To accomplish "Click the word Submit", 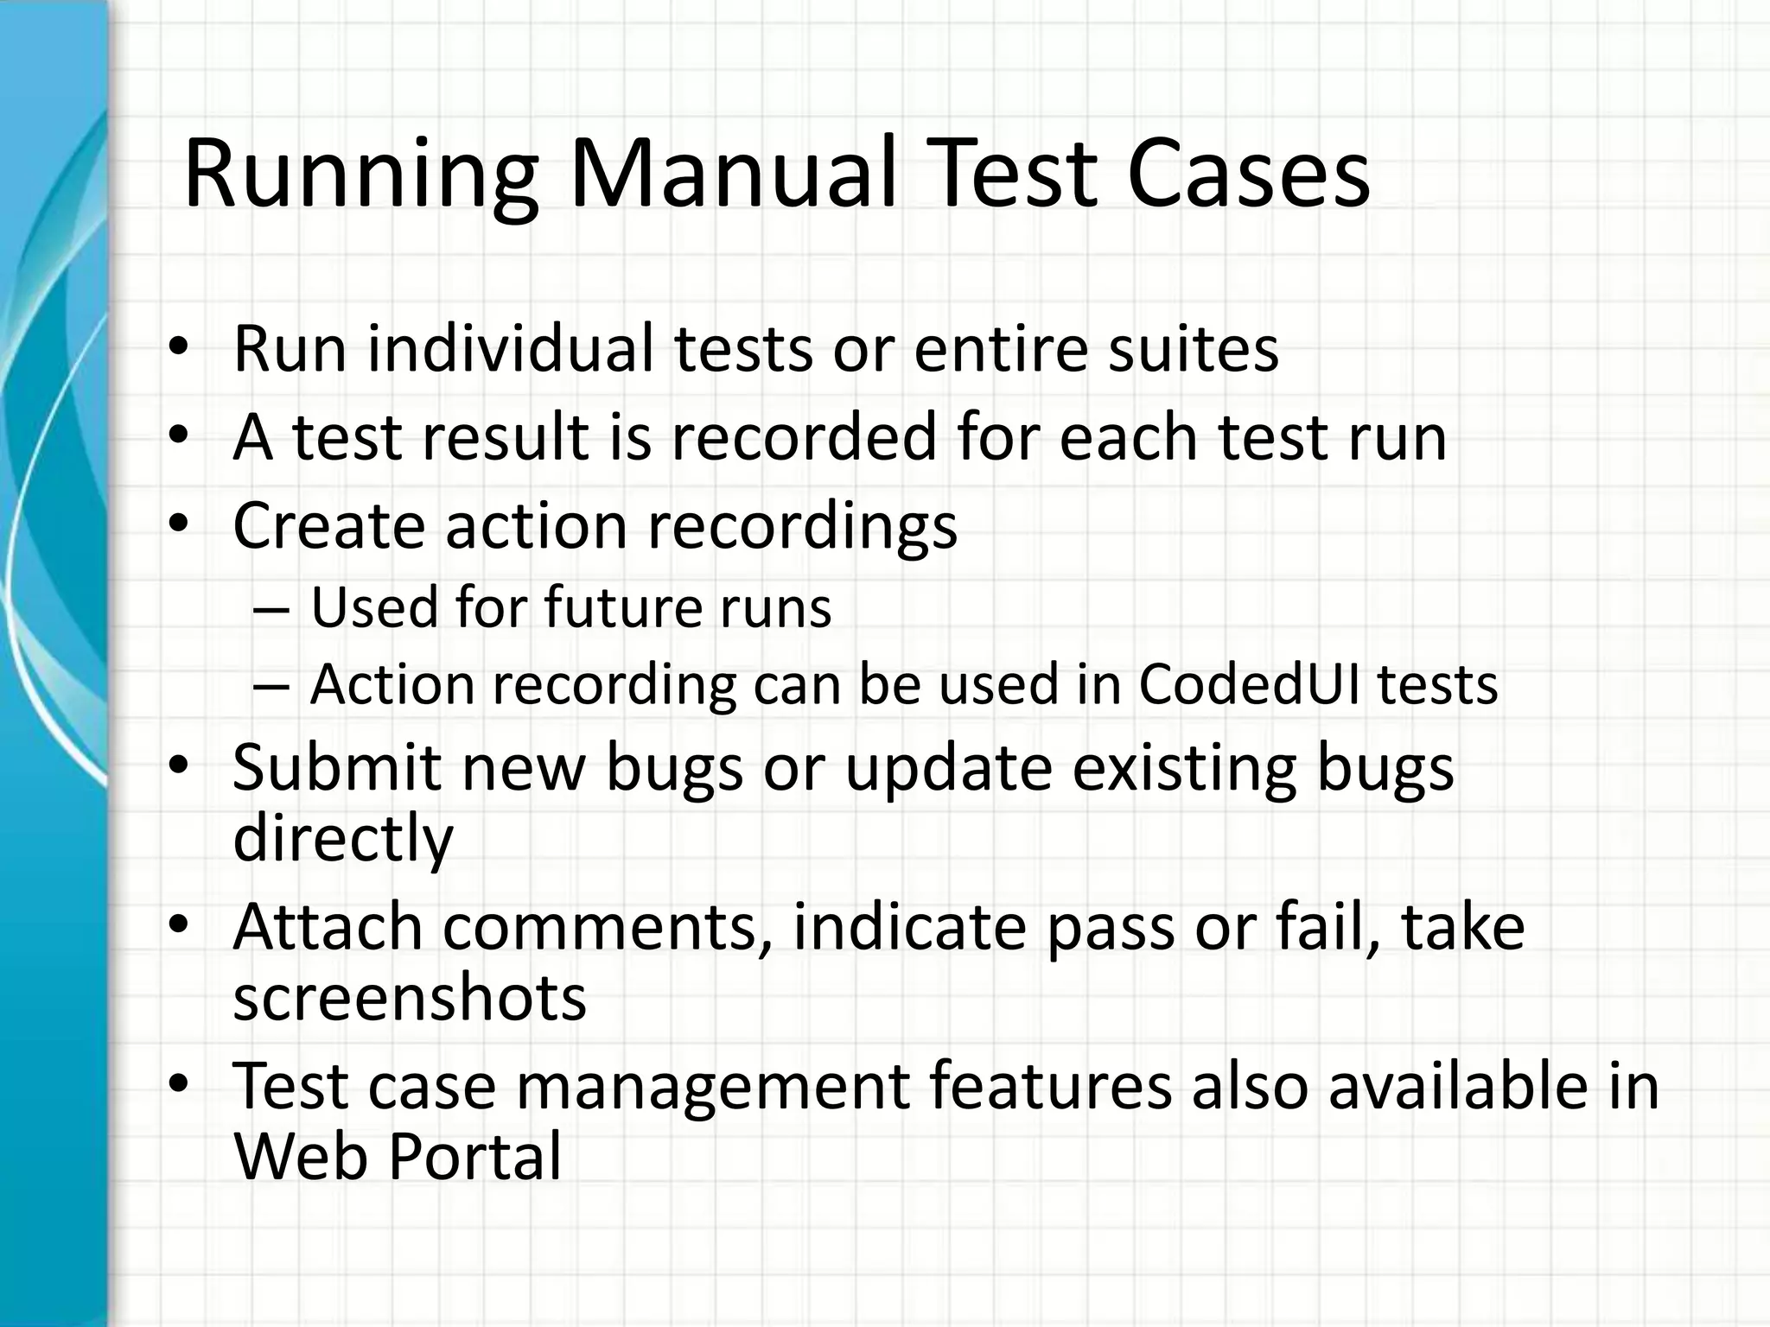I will tap(337, 767).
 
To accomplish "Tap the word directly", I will tap(343, 838).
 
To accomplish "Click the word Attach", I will tap(328, 926).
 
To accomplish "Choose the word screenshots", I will tap(410, 997).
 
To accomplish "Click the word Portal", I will tap(474, 1156).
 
